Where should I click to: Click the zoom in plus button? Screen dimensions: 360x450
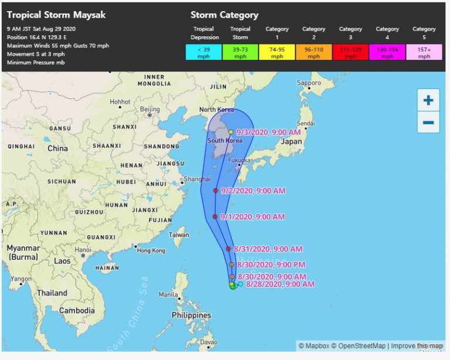[428, 100]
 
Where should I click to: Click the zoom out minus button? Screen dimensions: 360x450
[428, 122]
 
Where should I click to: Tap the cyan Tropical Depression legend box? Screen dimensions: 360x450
[203, 53]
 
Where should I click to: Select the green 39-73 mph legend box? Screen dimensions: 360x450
[240, 53]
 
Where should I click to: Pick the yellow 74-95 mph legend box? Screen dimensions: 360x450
[277, 53]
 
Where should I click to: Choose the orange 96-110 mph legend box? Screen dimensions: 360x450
[313, 53]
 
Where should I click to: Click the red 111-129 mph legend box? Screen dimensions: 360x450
[350, 53]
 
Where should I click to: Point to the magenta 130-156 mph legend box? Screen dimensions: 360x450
[387, 53]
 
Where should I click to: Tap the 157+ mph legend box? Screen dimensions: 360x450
[424, 53]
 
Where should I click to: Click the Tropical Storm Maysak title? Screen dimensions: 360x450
[49, 15]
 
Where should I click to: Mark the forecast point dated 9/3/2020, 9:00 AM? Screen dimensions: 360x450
[231, 132]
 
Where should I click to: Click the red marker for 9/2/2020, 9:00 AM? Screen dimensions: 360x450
[216, 191]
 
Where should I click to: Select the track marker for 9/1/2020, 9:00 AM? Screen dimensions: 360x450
[215, 217]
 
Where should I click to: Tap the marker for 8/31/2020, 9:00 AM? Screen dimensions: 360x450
[229, 249]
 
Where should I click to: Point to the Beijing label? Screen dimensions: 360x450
[150, 109]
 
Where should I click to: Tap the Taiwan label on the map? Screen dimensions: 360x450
[179, 235]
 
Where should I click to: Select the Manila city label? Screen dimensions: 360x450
[168, 294]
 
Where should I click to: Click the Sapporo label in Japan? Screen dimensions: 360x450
[309, 83]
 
